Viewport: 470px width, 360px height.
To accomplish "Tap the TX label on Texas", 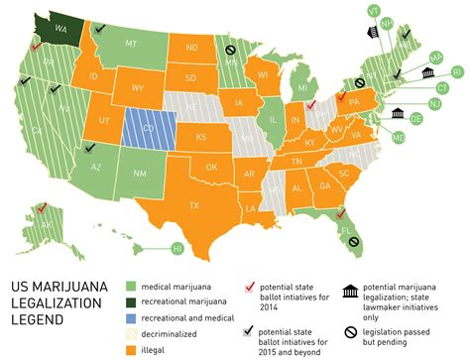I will (x=194, y=205).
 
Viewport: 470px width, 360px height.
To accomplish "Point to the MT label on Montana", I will (x=130, y=44).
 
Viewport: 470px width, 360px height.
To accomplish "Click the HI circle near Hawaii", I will (x=177, y=246).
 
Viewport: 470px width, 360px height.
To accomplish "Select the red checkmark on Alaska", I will (x=41, y=208).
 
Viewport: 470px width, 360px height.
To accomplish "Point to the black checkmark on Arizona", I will (x=90, y=145).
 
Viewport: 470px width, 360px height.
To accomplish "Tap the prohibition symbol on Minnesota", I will (x=230, y=49).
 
